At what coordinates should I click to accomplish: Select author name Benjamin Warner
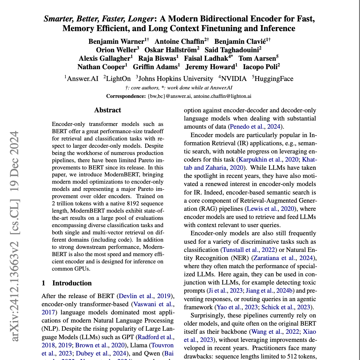116,41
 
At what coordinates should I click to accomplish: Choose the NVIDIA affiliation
234,79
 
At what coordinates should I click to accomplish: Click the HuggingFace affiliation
274,79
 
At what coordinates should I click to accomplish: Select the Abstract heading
108,110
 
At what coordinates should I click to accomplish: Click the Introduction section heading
72,283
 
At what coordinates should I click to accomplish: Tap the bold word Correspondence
126,96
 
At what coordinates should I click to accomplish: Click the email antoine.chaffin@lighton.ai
222,96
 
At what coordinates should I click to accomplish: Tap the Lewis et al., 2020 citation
270,209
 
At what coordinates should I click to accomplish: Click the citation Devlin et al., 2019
145,296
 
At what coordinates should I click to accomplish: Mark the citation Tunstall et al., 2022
249,250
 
